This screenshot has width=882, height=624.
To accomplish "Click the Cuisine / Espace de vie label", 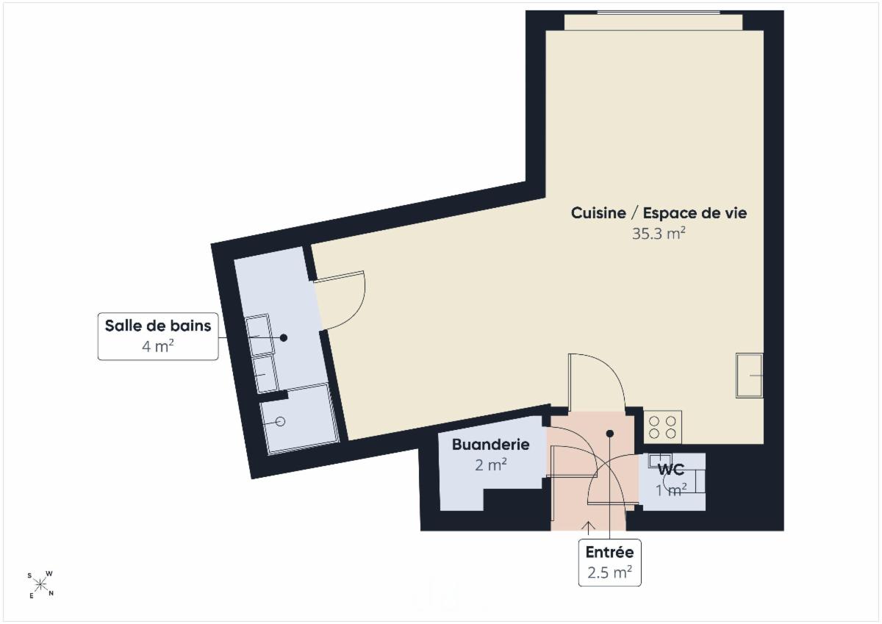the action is click(x=659, y=213).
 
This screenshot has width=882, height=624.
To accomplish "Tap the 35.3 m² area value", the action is click(x=659, y=234).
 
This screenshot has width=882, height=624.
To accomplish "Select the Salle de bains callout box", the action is click(x=158, y=336).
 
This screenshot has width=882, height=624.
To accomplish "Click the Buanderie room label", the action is click(x=491, y=445).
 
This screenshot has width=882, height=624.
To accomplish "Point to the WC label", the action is click(x=671, y=469).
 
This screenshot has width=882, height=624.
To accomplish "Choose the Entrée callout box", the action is click(x=609, y=562).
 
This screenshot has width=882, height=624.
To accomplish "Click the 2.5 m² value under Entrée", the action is click(x=609, y=573).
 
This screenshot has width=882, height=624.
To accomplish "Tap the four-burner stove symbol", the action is click(x=662, y=428).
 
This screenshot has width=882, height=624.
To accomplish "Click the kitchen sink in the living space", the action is click(x=749, y=376).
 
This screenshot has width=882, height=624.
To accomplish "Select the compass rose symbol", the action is click(x=40, y=584).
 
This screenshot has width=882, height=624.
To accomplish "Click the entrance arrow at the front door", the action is click(x=589, y=528).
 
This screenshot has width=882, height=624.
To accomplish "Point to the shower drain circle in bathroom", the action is click(x=280, y=422).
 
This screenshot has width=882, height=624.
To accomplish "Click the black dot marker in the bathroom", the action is click(x=284, y=337).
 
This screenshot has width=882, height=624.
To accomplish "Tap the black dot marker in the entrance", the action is click(x=610, y=434).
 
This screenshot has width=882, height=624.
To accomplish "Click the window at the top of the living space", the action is click(x=659, y=12).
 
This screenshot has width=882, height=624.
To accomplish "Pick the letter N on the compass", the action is click(x=51, y=593).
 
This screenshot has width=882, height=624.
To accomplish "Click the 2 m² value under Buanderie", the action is click(x=491, y=465).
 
